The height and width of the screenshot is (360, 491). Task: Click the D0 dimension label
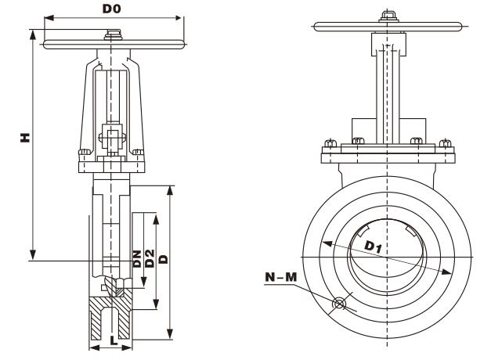coord(113,9)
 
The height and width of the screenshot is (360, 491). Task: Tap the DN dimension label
coord(136,258)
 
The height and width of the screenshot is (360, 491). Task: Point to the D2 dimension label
coord(149,258)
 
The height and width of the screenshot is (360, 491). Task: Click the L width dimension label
coord(114,342)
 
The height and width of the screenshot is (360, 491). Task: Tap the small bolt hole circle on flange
coord(339,304)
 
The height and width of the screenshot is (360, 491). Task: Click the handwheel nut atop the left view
coord(114,33)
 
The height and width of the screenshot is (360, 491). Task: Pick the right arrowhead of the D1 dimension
coord(450,272)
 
